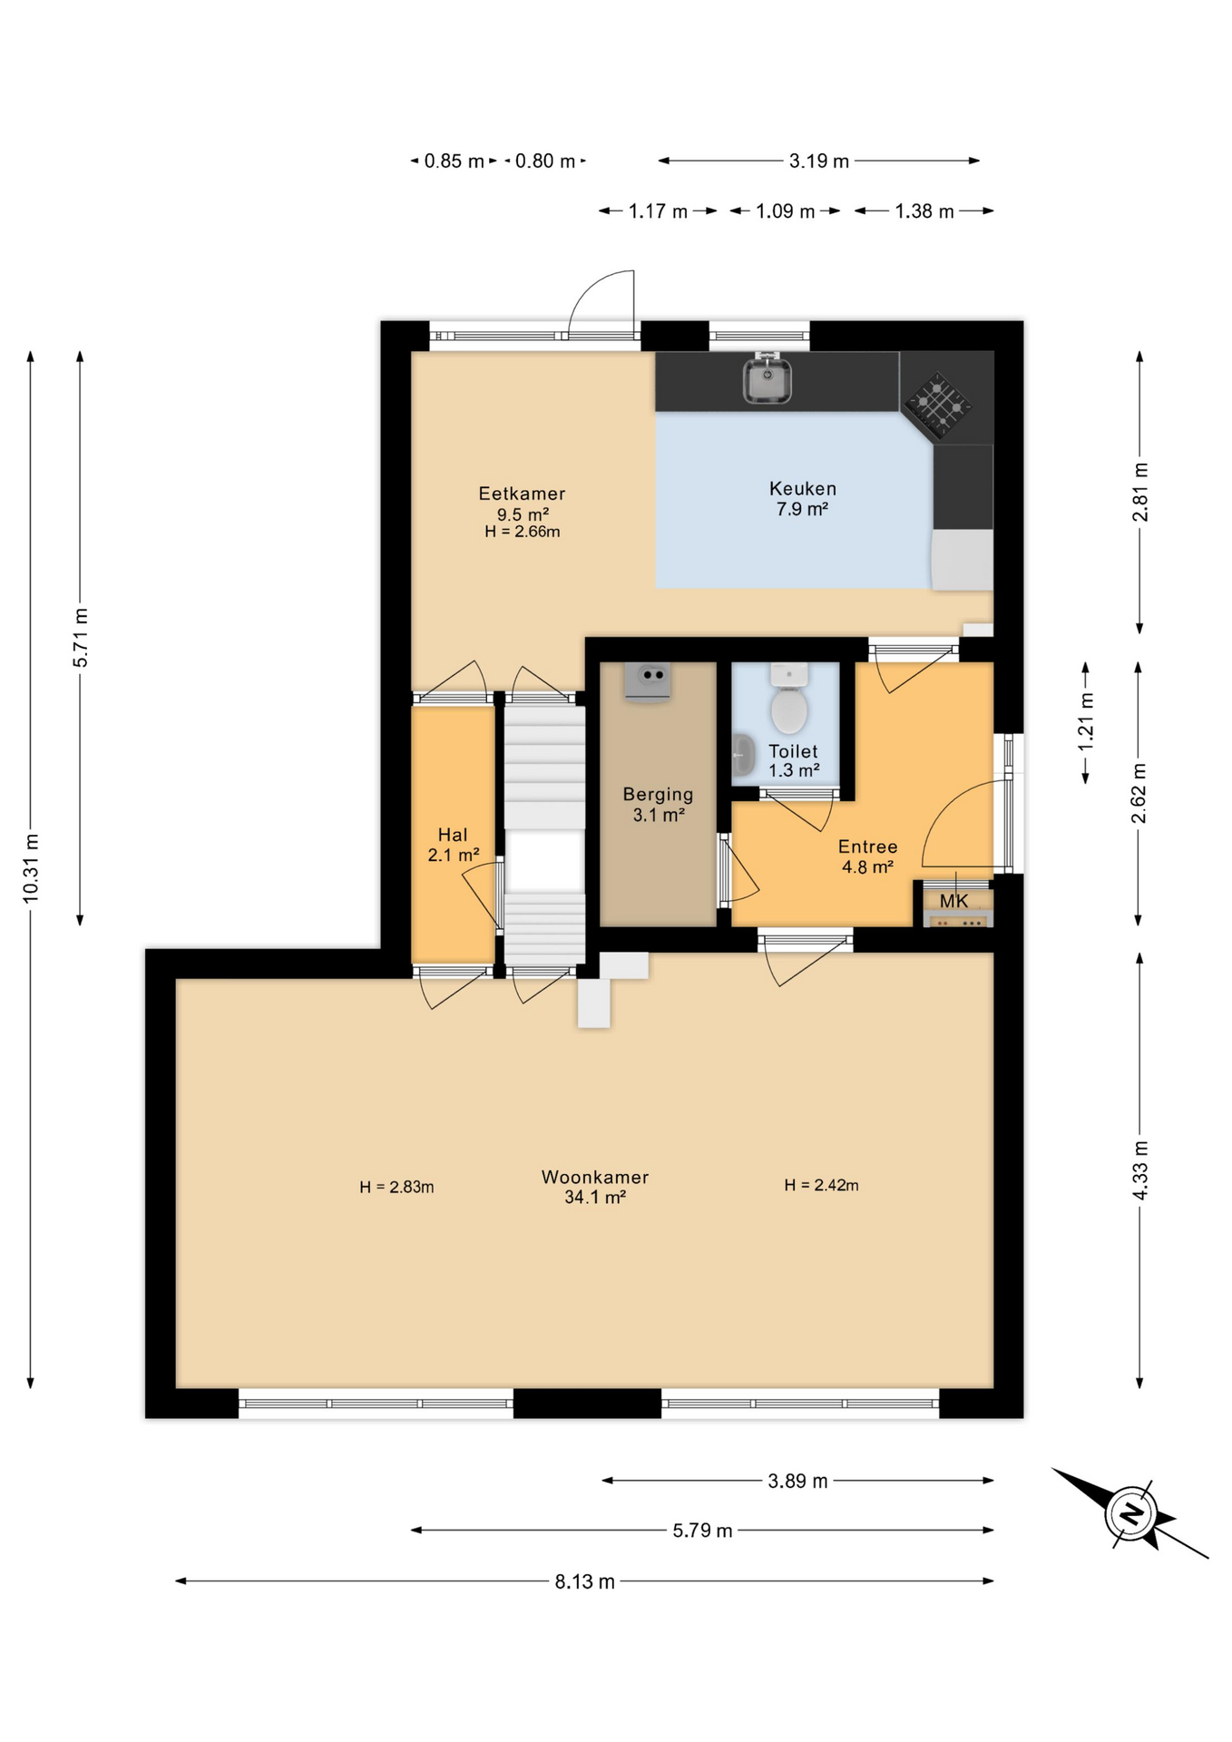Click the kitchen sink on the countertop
(767, 380)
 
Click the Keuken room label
(802, 498)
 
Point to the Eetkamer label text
(522, 494)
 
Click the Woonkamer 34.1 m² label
(595, 1187)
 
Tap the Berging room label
(658, 804)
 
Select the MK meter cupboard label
(953, 901)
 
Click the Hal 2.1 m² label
(453, 844)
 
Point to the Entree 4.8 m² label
(867, 856)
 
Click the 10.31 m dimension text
(31, 867)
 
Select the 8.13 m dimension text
(584, 1581)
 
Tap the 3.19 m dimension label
(818, 161)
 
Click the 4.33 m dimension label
(1140, 1170)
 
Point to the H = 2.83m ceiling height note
(396, 1187)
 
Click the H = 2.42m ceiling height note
(821, 1185)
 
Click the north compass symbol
(1130, 1513)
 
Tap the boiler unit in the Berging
(647, 680)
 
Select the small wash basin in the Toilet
(743, 754)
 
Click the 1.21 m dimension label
(1086, 721)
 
